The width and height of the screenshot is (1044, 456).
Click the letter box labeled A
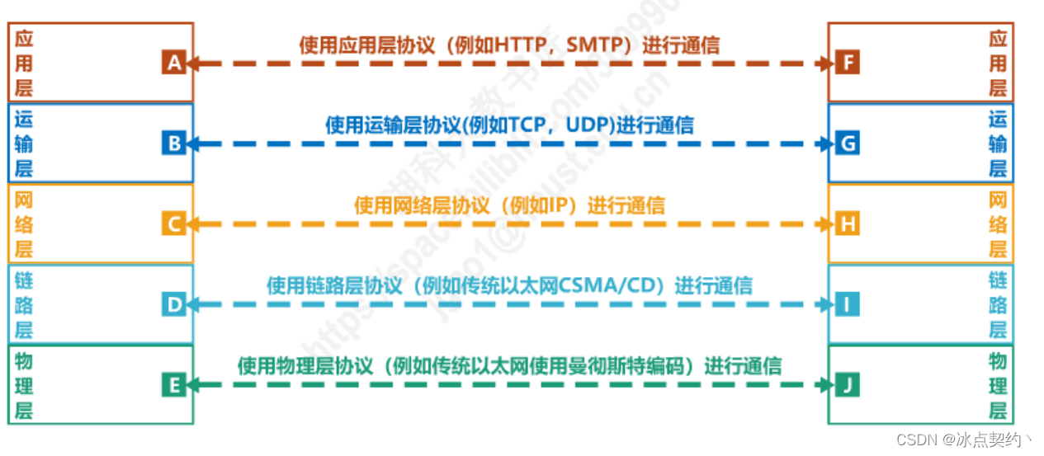[173, 63]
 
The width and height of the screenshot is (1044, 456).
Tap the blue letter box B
[173, 143]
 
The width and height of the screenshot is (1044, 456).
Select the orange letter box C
[173, 223]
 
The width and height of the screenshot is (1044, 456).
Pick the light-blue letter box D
[173, 304]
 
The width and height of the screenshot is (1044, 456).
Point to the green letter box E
[173, 384]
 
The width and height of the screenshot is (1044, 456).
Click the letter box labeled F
[847, 63]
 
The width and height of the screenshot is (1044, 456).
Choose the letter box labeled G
[847, 143]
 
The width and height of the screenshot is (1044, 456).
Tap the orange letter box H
[847, 223]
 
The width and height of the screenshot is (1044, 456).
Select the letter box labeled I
[847, 304]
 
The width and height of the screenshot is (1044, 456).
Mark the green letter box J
[847, 384]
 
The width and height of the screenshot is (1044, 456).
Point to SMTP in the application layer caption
[598, 45]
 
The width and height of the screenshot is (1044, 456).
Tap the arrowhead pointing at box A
[193, 63]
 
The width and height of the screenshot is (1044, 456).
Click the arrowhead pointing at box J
[827, 384]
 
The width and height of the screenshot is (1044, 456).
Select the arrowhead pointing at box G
[827, 143]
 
